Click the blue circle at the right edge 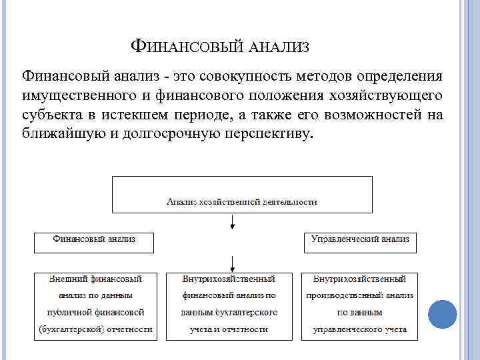coord(441,314)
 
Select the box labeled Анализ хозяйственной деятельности coord(241,194)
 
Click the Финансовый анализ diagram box coord(94,243)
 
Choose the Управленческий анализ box coord(360,243)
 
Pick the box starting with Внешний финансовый coord(95,305)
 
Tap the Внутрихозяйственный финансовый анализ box coord(229,305)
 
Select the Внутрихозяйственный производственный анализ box coord(360,305)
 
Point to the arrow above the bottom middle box coord(231,262)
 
